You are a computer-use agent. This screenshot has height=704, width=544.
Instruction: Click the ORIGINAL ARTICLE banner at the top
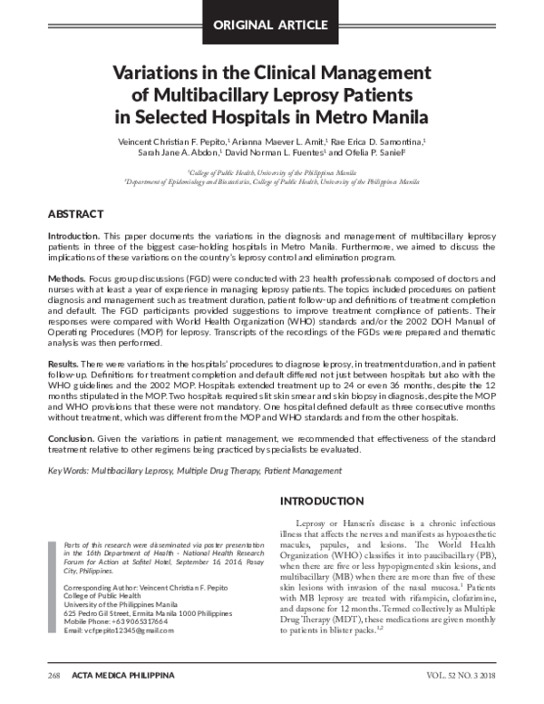[271, 23]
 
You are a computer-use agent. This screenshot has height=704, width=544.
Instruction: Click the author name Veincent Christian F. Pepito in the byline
[169, 142]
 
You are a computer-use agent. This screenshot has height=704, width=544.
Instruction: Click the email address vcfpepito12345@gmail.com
[101, 630]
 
